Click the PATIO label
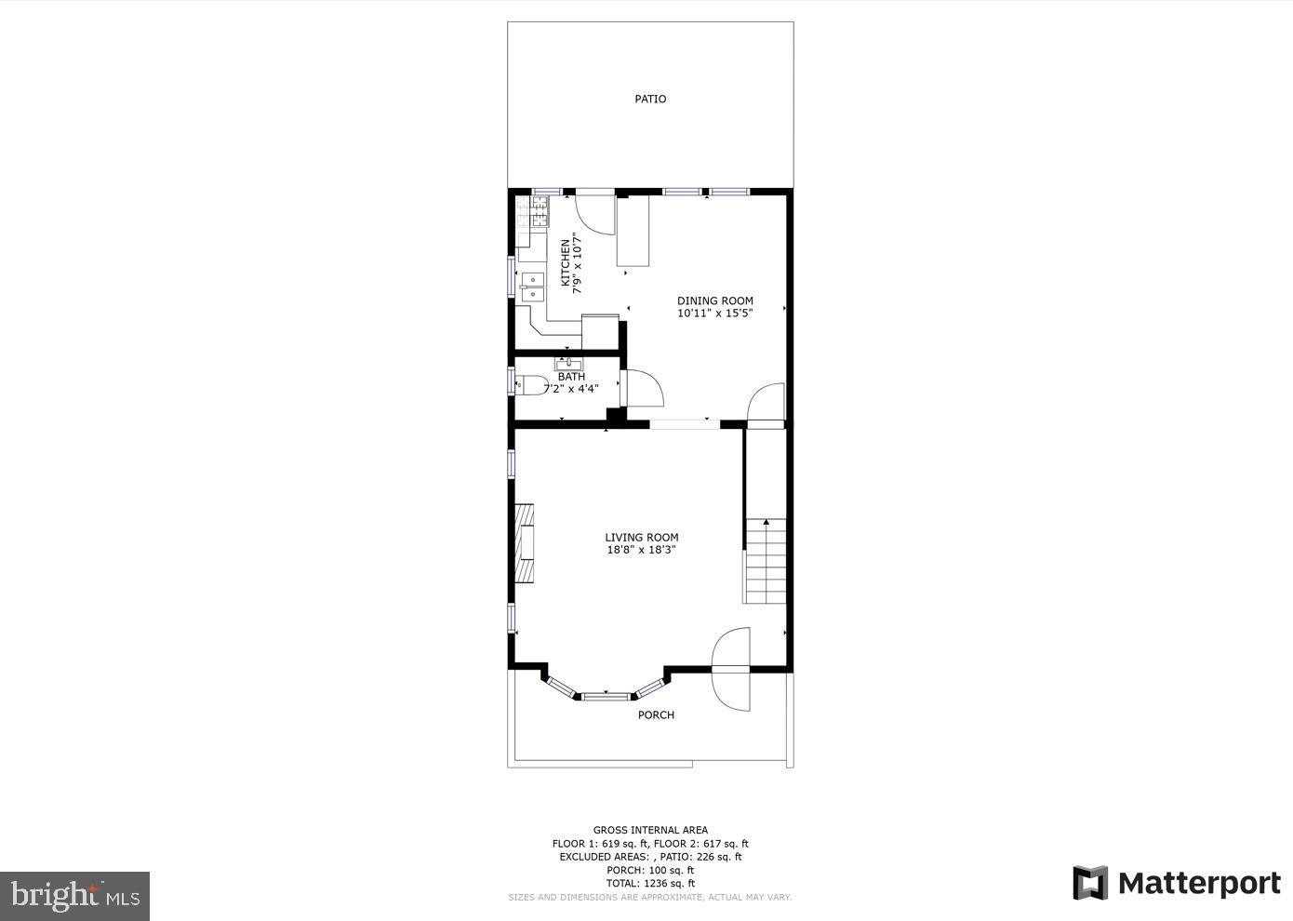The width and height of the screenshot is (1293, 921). coord(650,99)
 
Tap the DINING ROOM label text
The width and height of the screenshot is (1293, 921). coord(714,300)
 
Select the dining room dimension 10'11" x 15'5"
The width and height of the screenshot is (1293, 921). coord(714,314)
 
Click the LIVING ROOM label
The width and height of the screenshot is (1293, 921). coord(641,537)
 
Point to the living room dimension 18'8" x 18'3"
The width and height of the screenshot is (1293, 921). coord(641,550)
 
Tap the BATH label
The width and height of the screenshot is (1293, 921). coord(571,377)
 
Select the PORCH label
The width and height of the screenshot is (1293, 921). coord(656,714)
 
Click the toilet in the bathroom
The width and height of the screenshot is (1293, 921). coord(530,384)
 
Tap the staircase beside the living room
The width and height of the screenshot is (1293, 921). coord(766,561)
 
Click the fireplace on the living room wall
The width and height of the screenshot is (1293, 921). coord(525,543)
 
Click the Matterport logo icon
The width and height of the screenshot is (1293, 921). coord(1090,883)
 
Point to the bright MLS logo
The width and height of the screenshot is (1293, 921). coord(74,896)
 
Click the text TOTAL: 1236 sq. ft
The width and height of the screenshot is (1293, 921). coord(650,883)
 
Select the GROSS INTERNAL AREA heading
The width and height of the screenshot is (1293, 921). coord(650,830)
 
